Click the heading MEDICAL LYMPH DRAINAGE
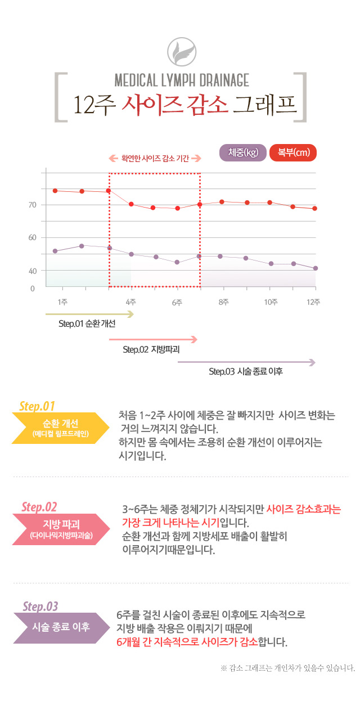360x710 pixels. [x=181, y=80]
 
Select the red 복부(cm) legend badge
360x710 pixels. [x=293, y=152]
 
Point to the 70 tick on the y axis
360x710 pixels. [x=32, y=205]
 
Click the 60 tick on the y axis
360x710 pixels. [x=32, y=238]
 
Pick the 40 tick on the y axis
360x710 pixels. [x=32, y=271]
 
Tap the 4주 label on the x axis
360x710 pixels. [x=131, y=302]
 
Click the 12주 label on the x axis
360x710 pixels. [x=313, y=302]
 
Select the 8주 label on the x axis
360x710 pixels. [x=224, y=302]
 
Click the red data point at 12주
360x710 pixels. [x=315, y=209]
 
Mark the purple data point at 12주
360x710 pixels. [x=315, y=268]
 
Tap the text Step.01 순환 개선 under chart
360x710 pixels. [x=87, y=325]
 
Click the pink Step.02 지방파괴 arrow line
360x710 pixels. [x=153, y=339]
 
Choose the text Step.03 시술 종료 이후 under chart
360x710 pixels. [x=246, y=371]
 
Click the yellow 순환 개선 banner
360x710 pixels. [x=61, y=428]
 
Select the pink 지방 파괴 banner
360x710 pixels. [x=61, y=529]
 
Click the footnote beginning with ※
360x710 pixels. [x=288, y=668]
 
